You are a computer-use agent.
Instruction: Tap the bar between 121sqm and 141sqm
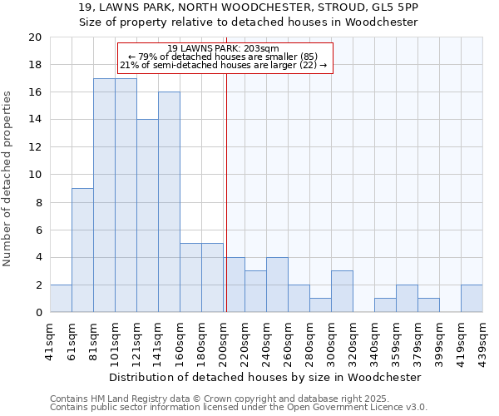(147, 215)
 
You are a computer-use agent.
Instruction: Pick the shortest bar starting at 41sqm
(61, 299)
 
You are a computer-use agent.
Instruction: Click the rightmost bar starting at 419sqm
(472, 299)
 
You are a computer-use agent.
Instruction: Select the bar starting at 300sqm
(342, 291)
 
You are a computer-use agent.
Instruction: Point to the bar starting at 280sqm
(320, 305)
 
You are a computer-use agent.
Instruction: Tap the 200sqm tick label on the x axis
(224, 340)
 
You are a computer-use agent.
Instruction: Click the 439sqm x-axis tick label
(483, 340)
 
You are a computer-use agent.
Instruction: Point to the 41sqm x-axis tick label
(51, 340)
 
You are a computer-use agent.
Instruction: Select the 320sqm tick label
(353, 340)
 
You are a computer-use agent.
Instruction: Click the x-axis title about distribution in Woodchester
(265, 377)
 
